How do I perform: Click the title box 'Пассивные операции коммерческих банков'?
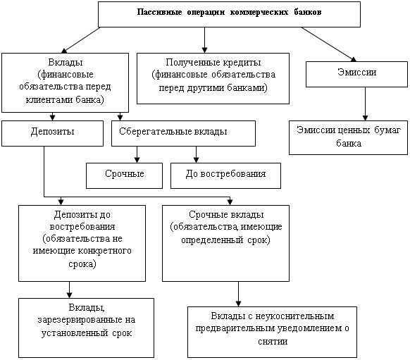(229, 14)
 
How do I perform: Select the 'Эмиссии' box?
(356, 74)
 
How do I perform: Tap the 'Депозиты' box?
(52, 133)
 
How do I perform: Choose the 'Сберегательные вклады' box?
(183, 133)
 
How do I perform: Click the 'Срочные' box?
(124, 175)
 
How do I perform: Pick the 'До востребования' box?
(225, 175)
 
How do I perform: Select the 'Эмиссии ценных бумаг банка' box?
(348, 137)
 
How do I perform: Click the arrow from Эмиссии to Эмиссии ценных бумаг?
(366, 104)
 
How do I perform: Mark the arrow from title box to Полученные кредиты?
(205, 40)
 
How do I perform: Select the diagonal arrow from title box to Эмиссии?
(329, 44)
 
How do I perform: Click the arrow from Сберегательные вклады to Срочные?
(137, 154)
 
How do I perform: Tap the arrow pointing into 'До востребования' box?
(196, 154)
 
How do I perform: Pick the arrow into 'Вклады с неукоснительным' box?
(239, 294)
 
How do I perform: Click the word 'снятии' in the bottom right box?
(273, 342)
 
